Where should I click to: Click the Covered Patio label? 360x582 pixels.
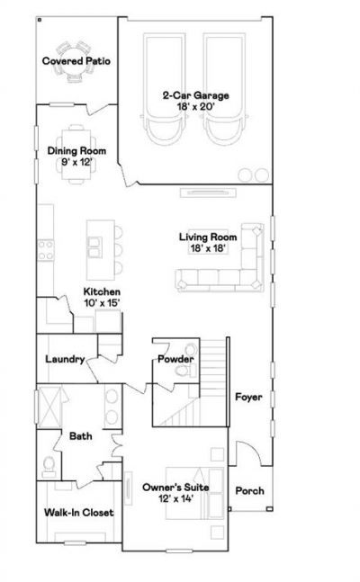[x=76, y=61]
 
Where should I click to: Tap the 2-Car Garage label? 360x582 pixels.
[x=196, y=95]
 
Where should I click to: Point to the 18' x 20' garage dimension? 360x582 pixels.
[x=196, y=106]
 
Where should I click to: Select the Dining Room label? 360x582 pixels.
[x=76, y=151]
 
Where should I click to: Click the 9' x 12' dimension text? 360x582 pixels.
[x=76, y=162]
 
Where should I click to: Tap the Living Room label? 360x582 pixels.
[x=208, y=237]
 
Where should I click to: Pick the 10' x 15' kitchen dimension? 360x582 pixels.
[x=102, y=303]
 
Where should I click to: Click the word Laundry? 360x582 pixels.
[x=65, y=359]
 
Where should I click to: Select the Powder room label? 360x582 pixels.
[x=175, y=359]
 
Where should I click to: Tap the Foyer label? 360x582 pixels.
[x=248, y=398]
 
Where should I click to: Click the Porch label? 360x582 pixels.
[x=249, y=490]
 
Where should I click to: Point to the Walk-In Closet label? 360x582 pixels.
[x=79, y=513]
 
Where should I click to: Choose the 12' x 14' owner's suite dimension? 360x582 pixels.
[x=175, y=498]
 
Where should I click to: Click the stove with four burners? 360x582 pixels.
[x=45, y=250]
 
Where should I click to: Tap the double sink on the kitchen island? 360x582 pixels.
[x=94, y=247]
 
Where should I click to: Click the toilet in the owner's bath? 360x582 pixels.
[x=49, y=467]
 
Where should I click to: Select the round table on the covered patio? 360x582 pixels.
[x=76, y=61]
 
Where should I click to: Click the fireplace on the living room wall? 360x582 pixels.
[x=208, y=193]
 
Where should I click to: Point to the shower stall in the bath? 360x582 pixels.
[x=49, y=407]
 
